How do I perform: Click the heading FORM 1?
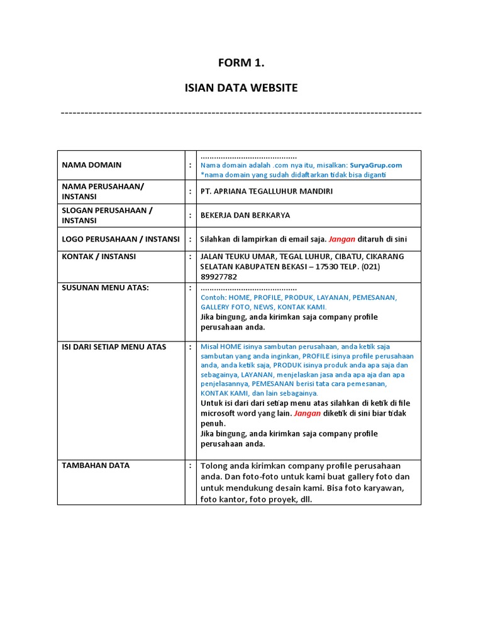point(241,62)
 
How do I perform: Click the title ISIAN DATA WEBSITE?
point(241,88)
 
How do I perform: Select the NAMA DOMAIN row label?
point(92,165)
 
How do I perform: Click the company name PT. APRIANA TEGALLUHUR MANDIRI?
point(267,191)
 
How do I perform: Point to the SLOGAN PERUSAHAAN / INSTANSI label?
point(107,215)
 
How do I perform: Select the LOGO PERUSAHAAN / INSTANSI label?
point(120,239)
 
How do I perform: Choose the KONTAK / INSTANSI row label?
point(99,257)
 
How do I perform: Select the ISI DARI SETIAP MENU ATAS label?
point(114,347)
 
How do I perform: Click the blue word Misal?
point(209,347)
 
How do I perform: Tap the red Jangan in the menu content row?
point(307,413)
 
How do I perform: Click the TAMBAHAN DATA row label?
point(96,465)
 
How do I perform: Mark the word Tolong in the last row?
point(216,466)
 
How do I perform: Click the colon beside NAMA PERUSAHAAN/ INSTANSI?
point(191,191)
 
